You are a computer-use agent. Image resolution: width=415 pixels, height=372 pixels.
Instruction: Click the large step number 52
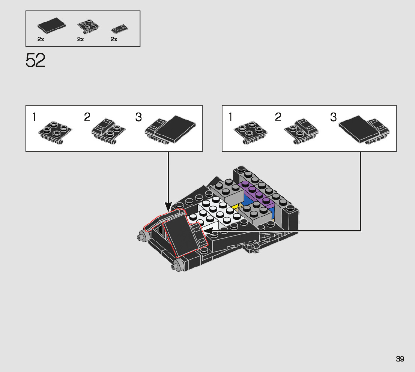click(x=36, y=60)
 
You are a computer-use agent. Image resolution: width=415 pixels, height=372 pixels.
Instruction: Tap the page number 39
click(x=400, y=359)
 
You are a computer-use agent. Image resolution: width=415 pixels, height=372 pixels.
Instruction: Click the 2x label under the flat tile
click(x=41, y=39)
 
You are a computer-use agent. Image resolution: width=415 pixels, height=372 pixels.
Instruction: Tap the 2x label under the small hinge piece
click(x=114, y=39)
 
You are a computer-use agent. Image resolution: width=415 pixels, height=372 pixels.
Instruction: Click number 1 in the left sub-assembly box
click(x=34, y=117)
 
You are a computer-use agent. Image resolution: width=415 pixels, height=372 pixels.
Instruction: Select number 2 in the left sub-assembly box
click(x=87, y=117)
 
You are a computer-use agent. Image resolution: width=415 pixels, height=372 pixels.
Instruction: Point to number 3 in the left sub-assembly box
click(x=139, y=117)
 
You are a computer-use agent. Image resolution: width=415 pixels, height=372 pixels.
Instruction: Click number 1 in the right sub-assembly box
click(x=230, y=117)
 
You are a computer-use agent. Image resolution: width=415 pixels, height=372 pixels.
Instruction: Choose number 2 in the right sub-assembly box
click(x=278, y=117)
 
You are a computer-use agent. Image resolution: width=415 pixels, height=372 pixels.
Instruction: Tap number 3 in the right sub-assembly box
click(x=334, y=117)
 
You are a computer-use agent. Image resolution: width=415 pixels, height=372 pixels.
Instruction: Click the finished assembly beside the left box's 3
click(x=171, y=130)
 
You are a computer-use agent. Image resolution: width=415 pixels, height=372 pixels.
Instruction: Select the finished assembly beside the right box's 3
click(x=364, y=130)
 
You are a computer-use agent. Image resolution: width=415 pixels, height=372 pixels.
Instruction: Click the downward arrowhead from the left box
click(x=168, y=206)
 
